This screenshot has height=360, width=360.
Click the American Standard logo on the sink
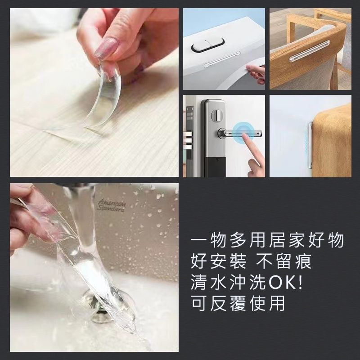[x=112, y=205]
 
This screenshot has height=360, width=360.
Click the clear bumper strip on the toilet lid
[x=222, y=60]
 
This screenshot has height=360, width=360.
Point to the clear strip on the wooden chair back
[x=309, y=51]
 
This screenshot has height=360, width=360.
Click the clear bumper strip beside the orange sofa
[x=310, y=145]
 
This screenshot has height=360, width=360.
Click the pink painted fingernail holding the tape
[x=106, y=48]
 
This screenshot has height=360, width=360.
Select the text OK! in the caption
[x=285, y=283]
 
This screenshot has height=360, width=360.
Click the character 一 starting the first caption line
[x=198, y=240]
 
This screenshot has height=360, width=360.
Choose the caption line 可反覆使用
[x=238, y=303]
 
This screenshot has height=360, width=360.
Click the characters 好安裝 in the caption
[x=219, y=261]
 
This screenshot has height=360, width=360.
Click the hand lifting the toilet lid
[x=255, y=73]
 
